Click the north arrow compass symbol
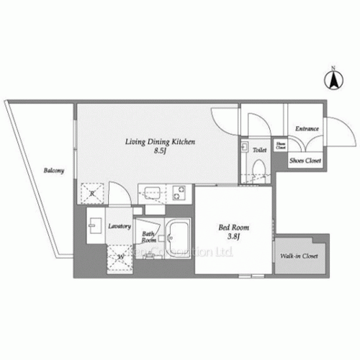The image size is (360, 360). tap(333, 78)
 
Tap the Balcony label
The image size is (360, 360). tap(53, 171)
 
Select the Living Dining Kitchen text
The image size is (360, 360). tap(158, 143)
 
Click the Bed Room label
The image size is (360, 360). tap(233, 228)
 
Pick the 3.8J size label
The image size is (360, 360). tap(233, 238)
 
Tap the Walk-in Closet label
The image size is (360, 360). tap(297, 256)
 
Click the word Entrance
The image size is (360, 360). tap(307, 129)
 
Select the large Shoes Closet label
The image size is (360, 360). tap(305, 161)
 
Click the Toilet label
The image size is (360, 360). tap(260, 150)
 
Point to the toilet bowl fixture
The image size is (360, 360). tap(260, 166)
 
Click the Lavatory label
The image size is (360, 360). tap(119, 226)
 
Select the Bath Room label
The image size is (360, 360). tap(148, 238)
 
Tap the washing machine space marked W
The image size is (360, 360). tap(120, 255)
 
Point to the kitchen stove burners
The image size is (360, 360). tap(179, 193)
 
